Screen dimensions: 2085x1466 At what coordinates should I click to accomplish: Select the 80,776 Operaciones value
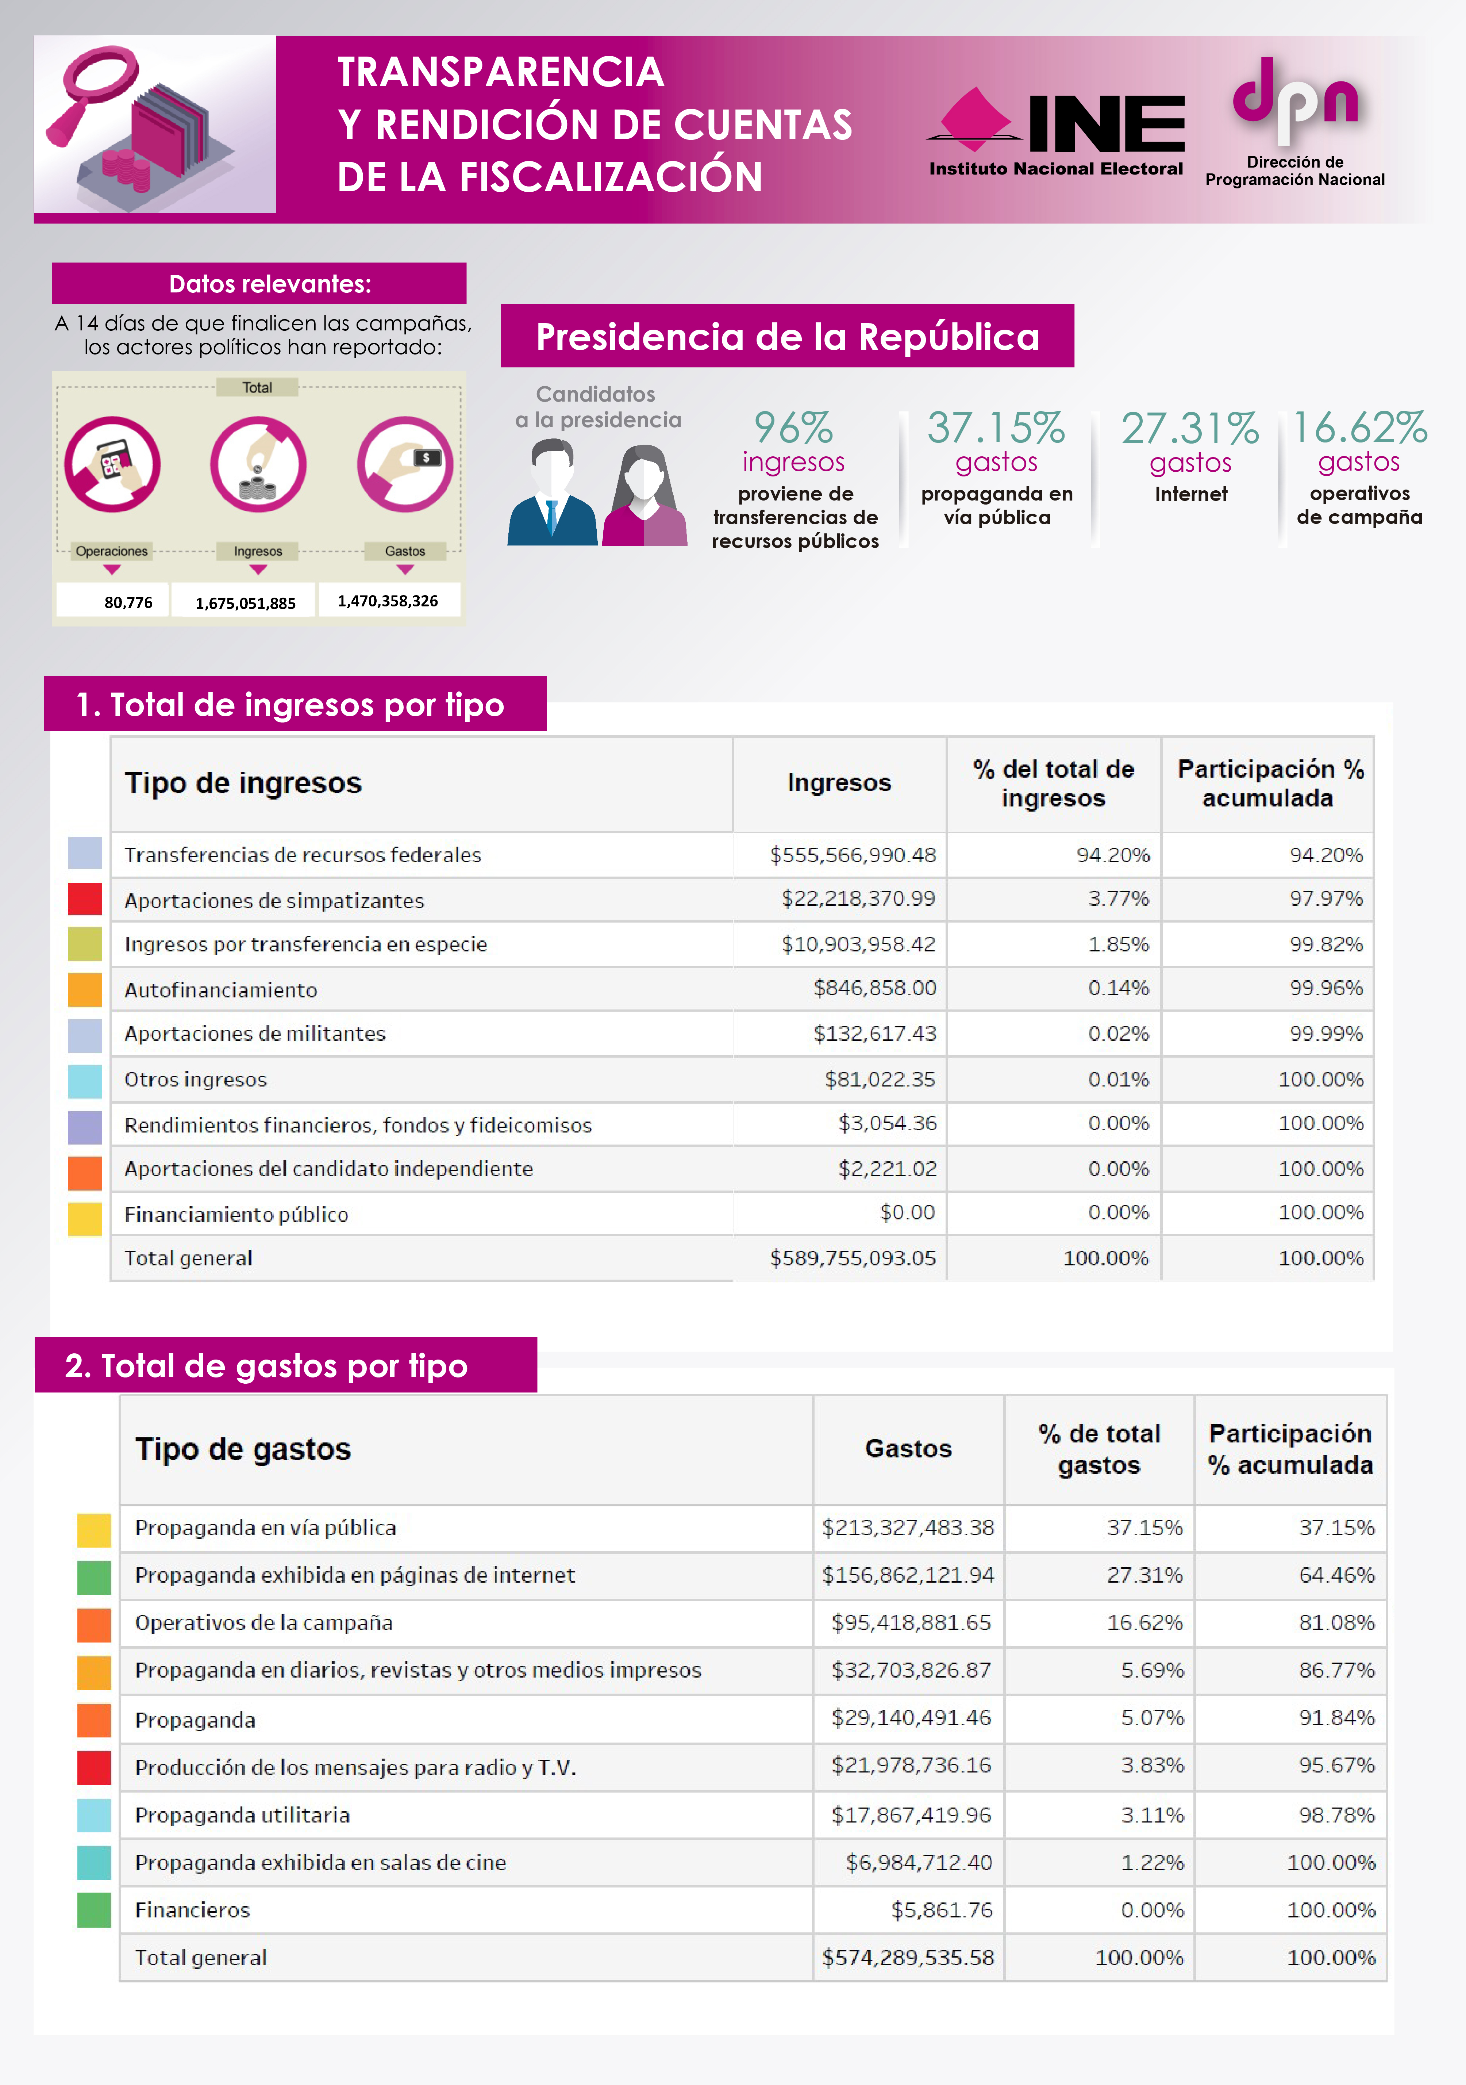coord(128,602)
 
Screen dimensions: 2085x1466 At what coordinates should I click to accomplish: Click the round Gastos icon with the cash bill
coord(405,464)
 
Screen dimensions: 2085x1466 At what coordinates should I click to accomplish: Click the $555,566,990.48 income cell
coord(853,855)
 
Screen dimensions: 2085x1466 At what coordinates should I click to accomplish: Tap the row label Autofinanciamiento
coord(220,990)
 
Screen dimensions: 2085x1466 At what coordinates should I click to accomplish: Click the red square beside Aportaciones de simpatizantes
coord(85,899)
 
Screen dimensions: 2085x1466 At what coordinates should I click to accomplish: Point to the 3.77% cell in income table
coord(1118,899)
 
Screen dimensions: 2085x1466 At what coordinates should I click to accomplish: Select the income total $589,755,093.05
coord(853,1258)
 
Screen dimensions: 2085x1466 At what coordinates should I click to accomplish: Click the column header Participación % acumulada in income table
coord(1268,784)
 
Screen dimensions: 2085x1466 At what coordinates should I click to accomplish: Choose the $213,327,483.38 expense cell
coord(908,1528)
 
